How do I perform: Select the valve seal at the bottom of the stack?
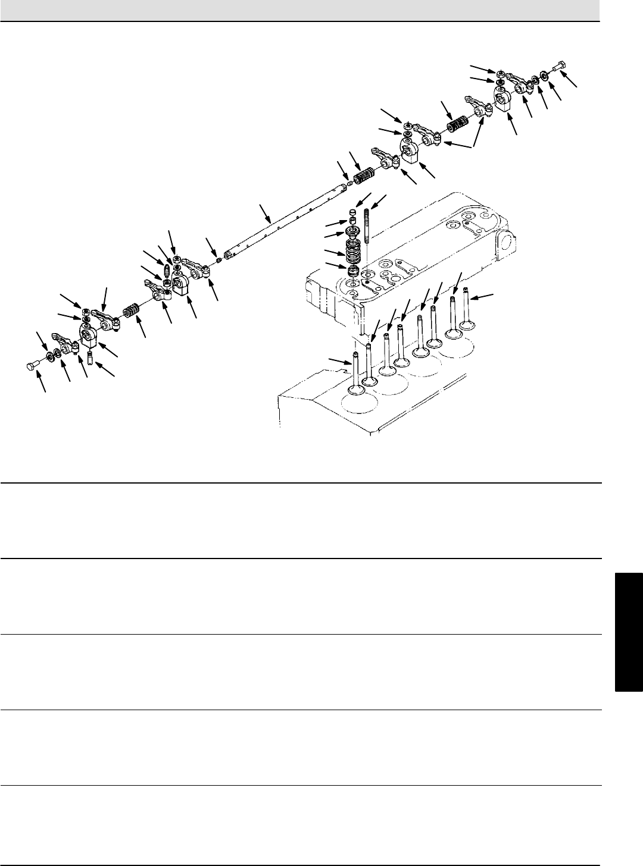354,271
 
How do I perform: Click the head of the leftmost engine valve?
356,390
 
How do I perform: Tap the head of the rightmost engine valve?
467,325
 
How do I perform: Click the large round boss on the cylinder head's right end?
504,241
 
